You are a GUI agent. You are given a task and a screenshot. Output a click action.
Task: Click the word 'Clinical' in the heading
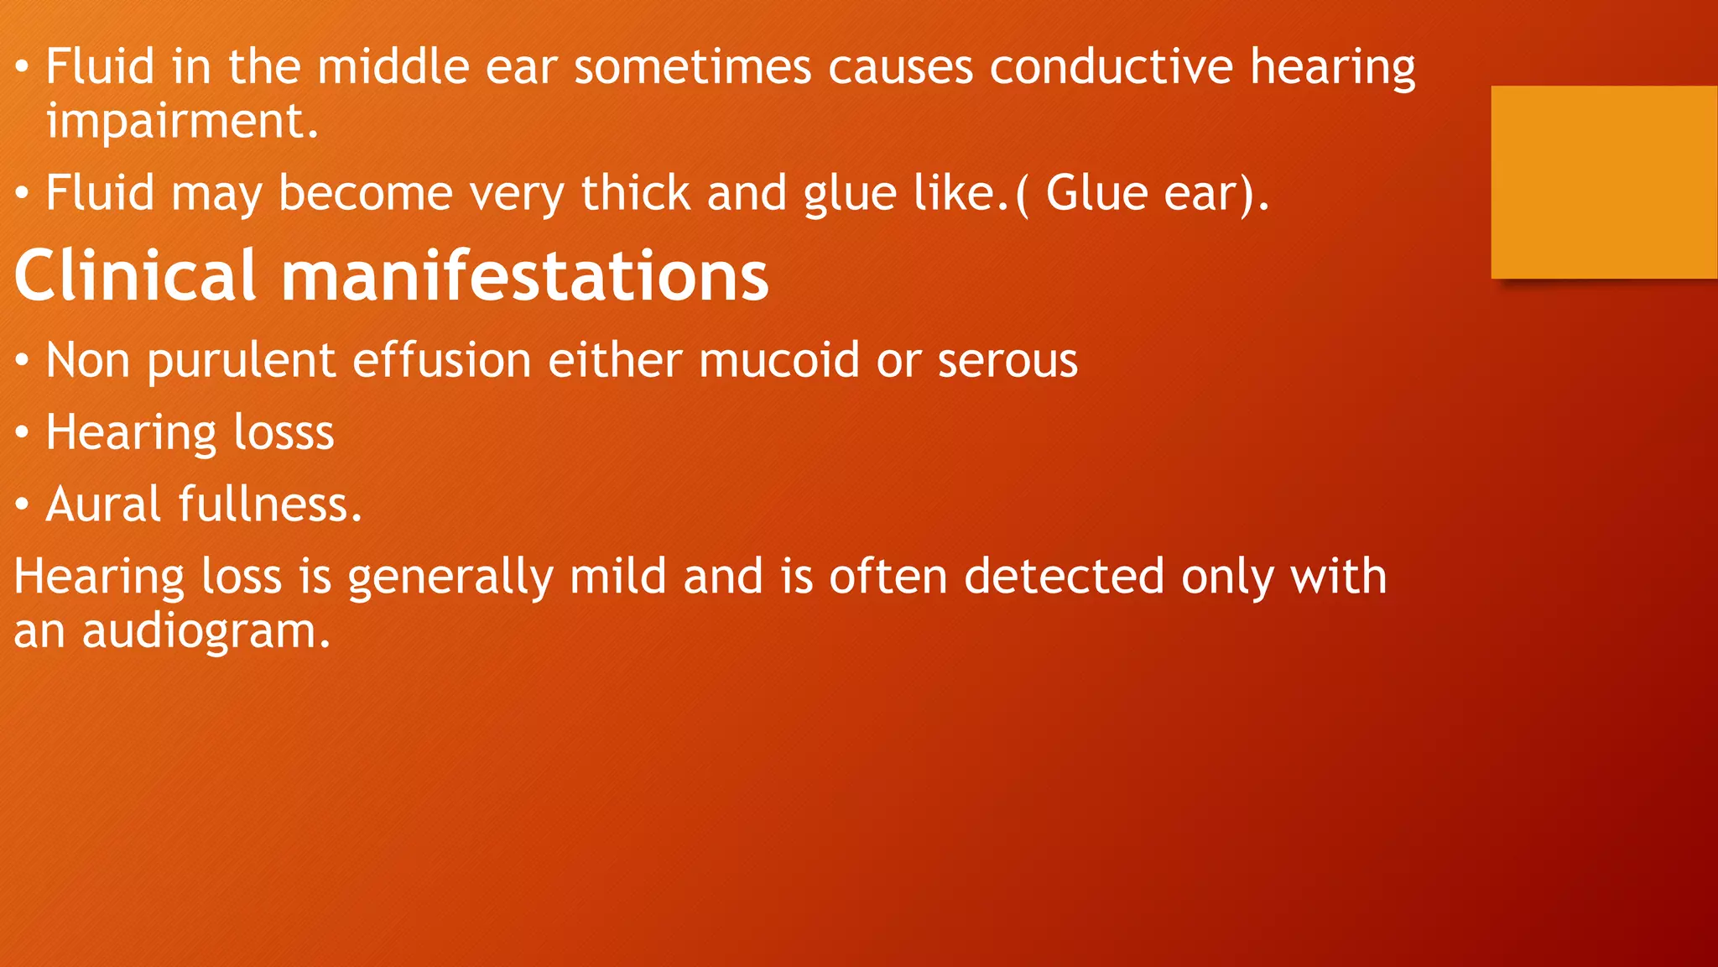point(134,275)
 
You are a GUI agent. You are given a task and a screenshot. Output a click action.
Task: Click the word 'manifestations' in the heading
point(524,275)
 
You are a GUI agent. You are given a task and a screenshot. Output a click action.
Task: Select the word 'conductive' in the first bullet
point(1111,66)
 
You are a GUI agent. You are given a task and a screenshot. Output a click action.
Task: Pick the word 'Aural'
point(102,504)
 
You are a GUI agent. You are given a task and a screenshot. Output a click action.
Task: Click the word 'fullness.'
point(270,504)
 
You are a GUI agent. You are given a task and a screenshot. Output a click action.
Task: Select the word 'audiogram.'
point(206,631)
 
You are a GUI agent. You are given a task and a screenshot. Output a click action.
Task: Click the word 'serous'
point(1007,361)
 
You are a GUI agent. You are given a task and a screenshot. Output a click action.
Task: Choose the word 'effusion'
point(441,361)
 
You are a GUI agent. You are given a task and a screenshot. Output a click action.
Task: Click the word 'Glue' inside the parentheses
point(1096,193)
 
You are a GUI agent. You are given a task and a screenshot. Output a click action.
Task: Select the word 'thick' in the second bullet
point(636,193)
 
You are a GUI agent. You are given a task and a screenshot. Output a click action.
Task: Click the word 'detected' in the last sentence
point(1064,577)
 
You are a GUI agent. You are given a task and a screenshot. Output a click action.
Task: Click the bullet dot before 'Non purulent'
point(23,362)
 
